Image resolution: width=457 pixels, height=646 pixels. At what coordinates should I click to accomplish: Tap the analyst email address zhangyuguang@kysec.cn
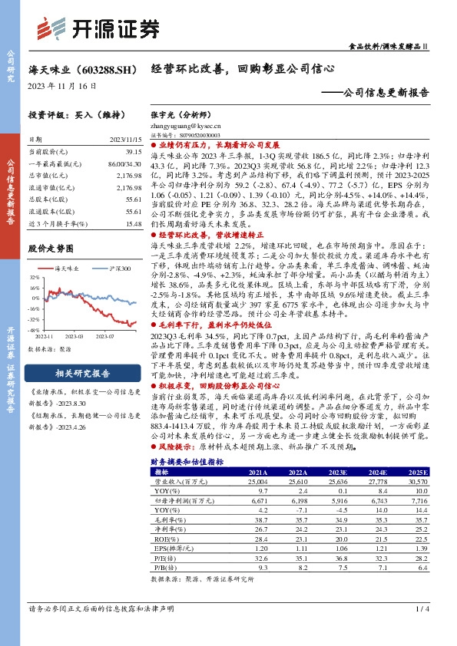point(185,123)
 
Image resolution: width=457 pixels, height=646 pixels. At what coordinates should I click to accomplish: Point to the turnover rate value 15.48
point(134,223)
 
